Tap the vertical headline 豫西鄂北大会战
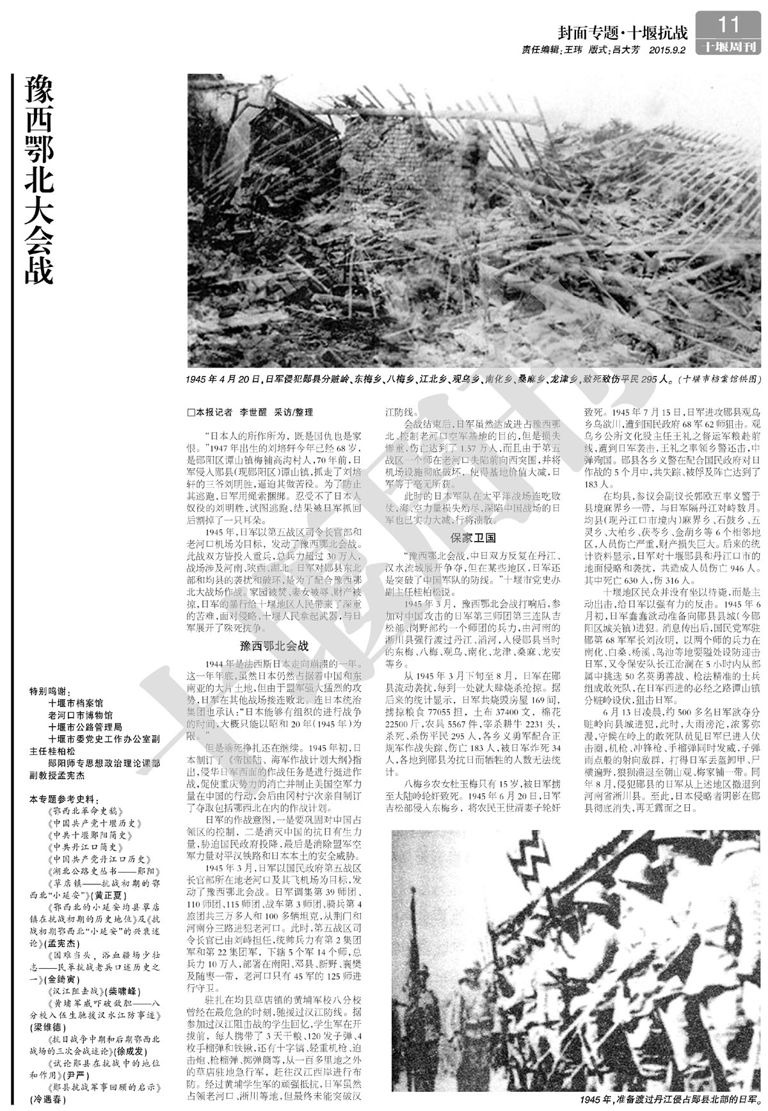(x=39, y=179)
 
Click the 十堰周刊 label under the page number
(x=729, y=47)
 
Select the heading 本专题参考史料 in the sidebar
(x=64, y=800)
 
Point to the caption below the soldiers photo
(x=668, y=1099)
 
